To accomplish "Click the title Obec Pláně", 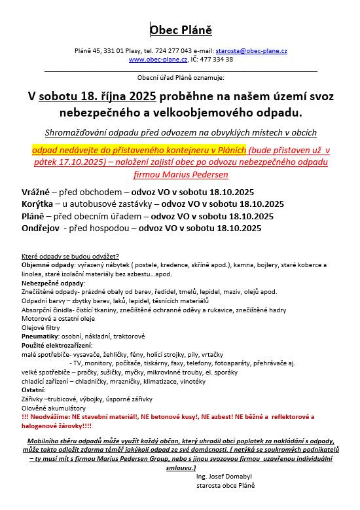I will coord(181,30).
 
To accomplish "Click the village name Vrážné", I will coord(37,192).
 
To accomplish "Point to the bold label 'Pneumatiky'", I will coord(41,336).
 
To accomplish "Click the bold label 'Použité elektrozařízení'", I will coord(57,344).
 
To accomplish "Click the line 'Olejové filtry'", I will coord(42,327).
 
